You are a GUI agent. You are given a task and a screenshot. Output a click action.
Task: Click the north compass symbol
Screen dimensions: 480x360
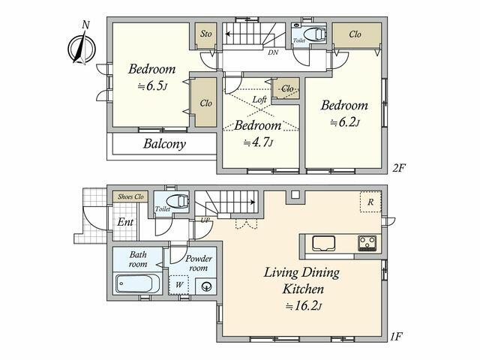pyautogui.click(x=82, y=46)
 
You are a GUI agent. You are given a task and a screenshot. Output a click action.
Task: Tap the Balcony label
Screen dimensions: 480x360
pyautogui.click(x=165, y=144)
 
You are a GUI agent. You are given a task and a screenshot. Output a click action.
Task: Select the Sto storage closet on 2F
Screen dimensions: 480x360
pyautogui.click(x=206, y=35)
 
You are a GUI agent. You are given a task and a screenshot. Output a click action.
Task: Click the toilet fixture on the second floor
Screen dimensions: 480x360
pyautogui.click(x=314, y=34)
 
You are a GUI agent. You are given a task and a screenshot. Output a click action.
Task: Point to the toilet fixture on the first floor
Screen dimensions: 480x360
pyautogui.click(x=178, y=202)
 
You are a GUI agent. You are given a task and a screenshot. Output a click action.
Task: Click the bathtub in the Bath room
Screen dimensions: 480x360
pyautogui.click(x=137, y=283)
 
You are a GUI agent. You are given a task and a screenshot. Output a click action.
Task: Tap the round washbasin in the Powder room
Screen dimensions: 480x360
pyautogui.click(x=206, y=286)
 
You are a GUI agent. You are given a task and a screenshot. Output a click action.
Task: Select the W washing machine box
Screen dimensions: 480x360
pyautogui.click(x=178, y=285)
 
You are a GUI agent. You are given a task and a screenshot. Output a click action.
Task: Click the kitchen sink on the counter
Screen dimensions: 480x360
pyautogui.click(x=323, y=243)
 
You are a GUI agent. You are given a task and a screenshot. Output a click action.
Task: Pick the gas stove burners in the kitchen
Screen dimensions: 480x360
pyautogui.click(x=367, y=243)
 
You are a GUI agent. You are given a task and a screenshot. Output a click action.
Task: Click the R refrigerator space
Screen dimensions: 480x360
pyautogui.click(x=370, y=202)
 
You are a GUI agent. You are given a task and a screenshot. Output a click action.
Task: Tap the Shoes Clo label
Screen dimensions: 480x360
pyautogui.click(x=130, y=196)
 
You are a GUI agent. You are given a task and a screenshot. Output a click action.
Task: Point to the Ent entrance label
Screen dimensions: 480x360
pyautogui.click(x=125, y=222)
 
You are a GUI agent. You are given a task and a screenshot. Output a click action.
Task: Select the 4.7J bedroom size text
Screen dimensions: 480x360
pyautogui.click(x=258, y=142)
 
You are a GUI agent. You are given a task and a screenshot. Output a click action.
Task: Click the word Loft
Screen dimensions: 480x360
pyautogui.click(x=259, y=100)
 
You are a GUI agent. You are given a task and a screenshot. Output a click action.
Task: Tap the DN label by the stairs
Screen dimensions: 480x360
pyautogui.click(x=273, y=52)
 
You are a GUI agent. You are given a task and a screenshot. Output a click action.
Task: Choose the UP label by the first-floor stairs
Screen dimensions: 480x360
pyautogui.click(x=205, y=220)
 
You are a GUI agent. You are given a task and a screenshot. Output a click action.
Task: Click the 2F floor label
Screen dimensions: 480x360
pyautogui.click(x=399, y=168)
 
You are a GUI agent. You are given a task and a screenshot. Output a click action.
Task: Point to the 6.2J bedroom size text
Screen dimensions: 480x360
pyautogui.click(x=345, y=122)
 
